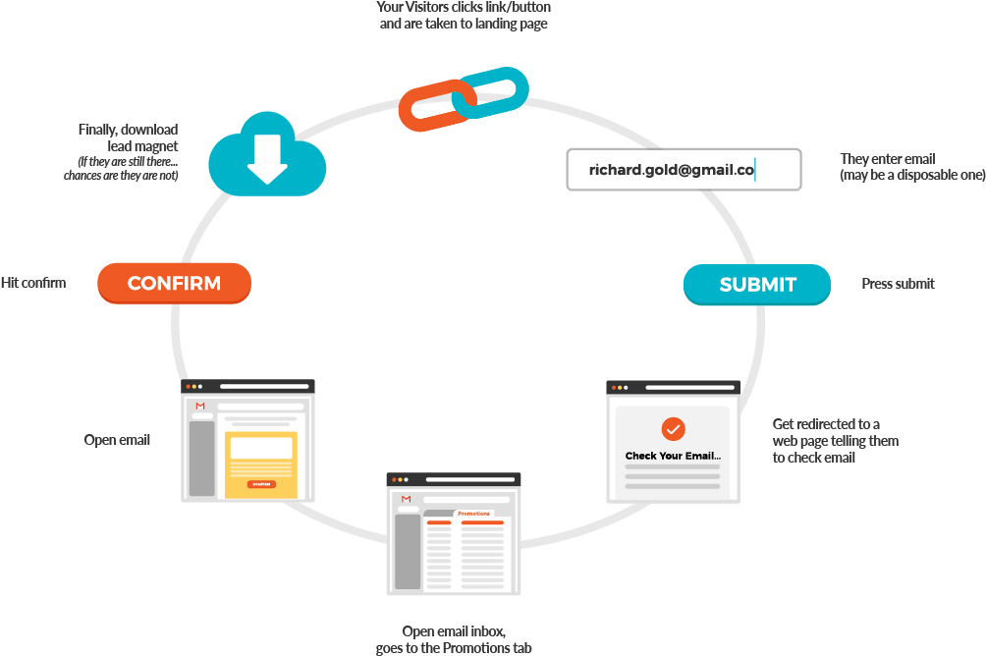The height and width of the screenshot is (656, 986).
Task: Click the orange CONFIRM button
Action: [174, 284]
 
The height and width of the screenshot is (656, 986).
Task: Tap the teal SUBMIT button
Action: [757, 285]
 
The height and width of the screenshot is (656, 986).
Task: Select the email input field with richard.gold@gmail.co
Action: [684, 170]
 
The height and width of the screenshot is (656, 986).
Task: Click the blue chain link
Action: [493, 91]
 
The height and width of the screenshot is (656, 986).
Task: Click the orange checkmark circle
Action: [673, 429]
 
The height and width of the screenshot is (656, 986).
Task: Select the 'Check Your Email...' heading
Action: [673, 456]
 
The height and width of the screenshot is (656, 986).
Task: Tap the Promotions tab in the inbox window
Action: [473, 513]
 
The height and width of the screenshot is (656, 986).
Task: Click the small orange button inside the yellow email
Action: [260, 484]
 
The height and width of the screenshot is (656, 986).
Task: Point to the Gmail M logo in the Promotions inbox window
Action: [406, 499]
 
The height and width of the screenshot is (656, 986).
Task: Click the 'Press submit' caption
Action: [898, 284]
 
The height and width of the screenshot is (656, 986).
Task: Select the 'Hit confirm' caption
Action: [33, 283]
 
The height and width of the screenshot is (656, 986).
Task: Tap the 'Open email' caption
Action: [117, 440]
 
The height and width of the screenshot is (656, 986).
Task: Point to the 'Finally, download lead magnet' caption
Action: [128, 137]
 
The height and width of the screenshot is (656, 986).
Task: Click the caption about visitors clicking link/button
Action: [464, 15]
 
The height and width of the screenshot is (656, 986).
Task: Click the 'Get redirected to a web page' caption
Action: [835, 441]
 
